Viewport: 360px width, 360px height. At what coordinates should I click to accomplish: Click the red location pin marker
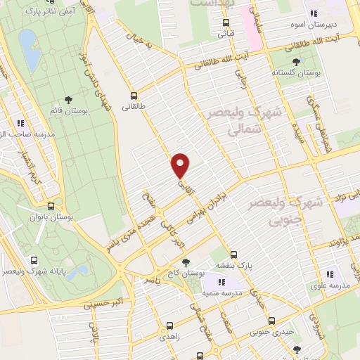tap(181, 165)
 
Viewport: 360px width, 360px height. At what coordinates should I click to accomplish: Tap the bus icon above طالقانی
tap(134, 95)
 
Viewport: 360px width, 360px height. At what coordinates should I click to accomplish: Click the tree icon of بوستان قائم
tap(68, 100)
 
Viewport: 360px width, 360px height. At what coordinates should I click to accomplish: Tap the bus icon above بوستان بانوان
tap(51, 207)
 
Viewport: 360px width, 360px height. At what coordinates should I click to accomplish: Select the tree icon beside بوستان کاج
tap(186, 262)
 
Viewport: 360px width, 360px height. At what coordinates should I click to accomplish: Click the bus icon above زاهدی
tap(169, 326)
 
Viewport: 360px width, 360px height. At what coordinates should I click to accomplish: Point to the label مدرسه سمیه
tap(222, 290)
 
